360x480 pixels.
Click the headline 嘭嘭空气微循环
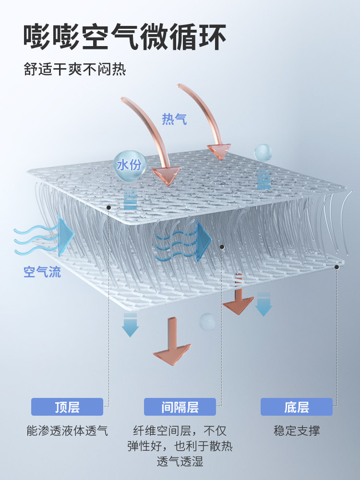(125, 37)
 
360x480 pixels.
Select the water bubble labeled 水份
(129, 165)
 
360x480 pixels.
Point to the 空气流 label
(42, 273)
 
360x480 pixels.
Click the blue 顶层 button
(67, 407)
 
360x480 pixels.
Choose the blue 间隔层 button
(180, 407)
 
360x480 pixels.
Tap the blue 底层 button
(297, 407)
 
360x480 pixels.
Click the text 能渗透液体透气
(67, 431)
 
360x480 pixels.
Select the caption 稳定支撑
(297, 431)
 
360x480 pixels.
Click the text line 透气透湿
(180, 462)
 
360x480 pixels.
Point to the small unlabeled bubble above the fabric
(263, 152)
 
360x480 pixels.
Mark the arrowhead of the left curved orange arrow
(166, 175)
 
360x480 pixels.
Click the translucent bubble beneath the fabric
(208, 322)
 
